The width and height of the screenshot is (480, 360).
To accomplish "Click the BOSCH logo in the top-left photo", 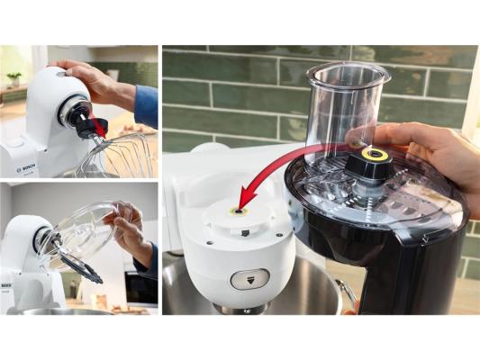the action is tap(26, 167).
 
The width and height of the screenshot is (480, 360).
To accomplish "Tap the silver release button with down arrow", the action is tap(250, 279).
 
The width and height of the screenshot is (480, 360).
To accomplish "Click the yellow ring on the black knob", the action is tap(375, 155).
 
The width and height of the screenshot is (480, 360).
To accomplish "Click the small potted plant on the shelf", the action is tap(14, 79).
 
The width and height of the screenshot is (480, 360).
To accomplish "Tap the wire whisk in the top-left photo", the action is tap(120, 156).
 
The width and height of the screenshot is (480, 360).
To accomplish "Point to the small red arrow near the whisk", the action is tap(97, 126).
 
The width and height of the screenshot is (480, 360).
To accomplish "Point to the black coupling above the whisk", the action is tap(91, 127).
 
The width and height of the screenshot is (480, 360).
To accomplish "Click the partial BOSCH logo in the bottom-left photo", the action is tap(5, 285).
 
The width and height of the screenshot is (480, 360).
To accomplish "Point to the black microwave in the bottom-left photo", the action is tap(141, 289).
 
